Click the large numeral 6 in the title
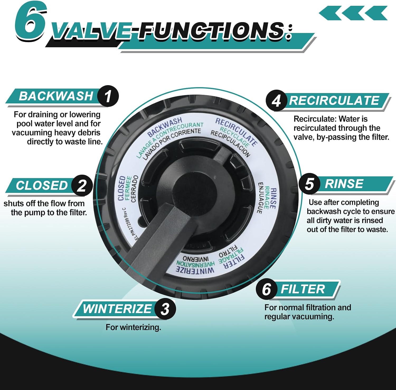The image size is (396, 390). [30, 22]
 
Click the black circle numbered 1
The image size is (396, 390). [108, 96]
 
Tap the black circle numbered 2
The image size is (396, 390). [82, 185]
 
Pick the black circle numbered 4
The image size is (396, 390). [276, 101]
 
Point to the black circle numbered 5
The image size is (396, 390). [309, 184]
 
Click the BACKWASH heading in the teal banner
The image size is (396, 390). [56, 96]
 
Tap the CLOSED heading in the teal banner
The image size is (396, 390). [42, 185]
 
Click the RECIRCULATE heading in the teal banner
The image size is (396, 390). [334, 100]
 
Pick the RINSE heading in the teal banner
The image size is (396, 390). [344, 184]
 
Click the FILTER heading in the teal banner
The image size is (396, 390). [303, 289]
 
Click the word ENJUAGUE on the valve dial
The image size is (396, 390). [260, 198]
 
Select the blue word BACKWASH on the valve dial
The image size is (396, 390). [164, 127]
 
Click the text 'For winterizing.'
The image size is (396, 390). [133, 327]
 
